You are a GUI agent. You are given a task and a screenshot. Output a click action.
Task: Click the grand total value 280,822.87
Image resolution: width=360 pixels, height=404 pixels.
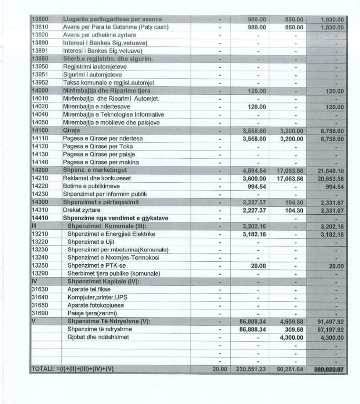coord(329,369)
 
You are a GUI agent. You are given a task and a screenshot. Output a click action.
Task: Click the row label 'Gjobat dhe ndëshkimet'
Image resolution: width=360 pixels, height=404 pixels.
coord(98,337)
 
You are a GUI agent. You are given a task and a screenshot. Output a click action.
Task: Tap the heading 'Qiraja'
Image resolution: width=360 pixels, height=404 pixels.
coord(72,131)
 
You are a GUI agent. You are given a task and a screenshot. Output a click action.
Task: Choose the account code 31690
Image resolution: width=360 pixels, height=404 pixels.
coord(40,313)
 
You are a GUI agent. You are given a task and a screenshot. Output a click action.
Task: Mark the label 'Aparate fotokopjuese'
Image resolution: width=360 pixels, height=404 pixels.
coord(96,305)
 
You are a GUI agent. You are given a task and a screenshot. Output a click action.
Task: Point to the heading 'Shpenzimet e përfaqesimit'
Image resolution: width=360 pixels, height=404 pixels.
coord(101,202)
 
